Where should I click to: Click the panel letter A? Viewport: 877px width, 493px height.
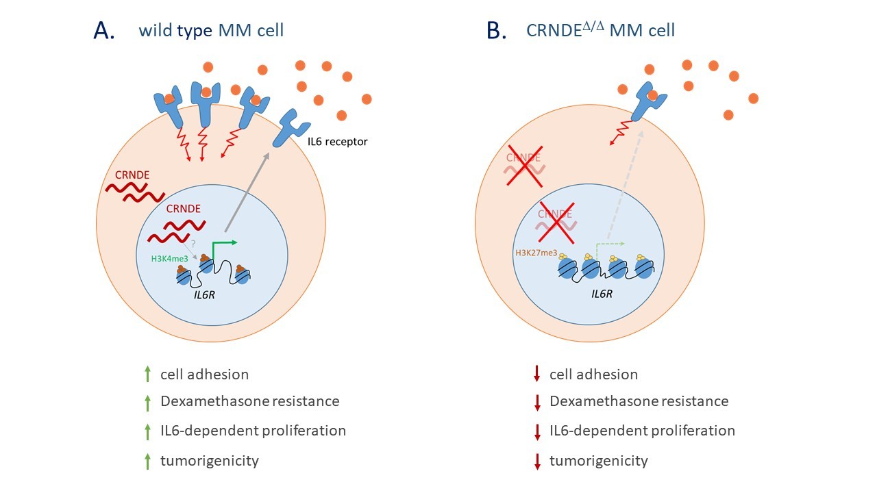pyautogui.click(x=104, y=31)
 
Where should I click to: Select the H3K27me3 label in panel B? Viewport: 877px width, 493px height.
pyautogui.click(x=536, y=253)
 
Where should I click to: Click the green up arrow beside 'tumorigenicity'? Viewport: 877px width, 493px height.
pyautogui.click(x=146, y=461)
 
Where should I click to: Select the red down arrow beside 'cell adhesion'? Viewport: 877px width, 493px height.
pyautogui.click(x=537, y=374)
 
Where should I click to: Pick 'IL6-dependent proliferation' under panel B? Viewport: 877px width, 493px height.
pyautogui.click(x=642, y=431)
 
